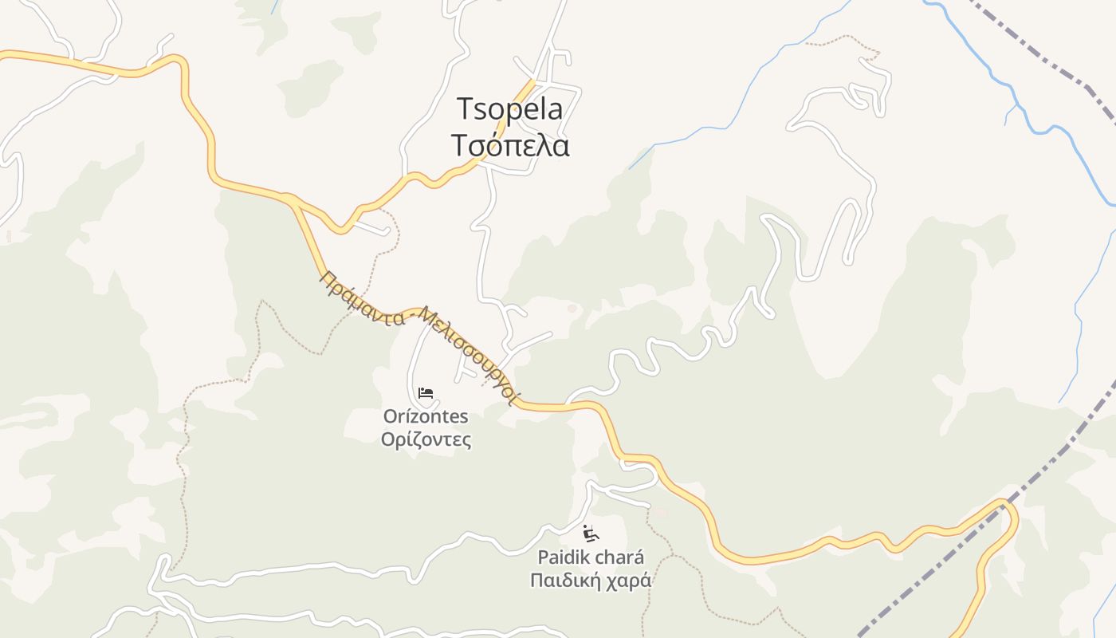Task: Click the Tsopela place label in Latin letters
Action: click(x=509, y=109)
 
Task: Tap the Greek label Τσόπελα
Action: click(x=509, y=146)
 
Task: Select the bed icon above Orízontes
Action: click(x=426, y=392)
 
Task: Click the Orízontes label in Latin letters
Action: click(x=426, y=416)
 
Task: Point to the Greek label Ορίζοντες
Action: click(x=426, y=439)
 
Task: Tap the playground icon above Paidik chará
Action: click(x=591, y=533)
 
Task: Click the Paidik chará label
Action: click(x=591, y=557)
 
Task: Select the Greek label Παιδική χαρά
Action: click(x=591, y=580)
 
